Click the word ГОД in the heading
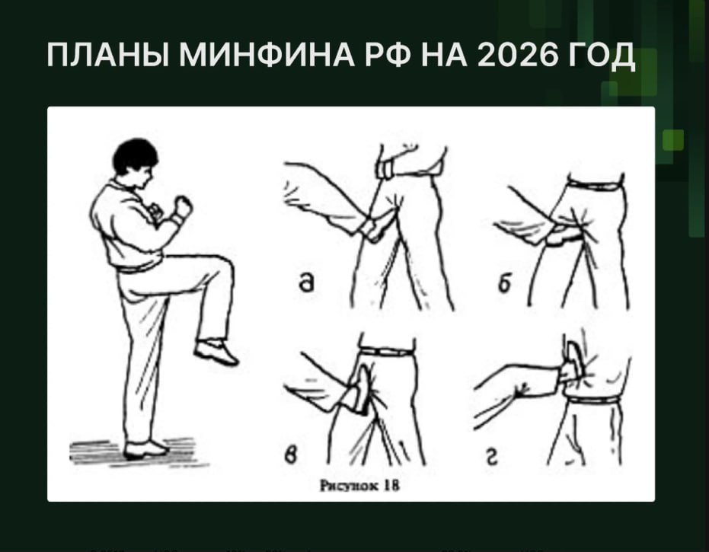click(x=602, y=58)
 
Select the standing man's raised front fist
click(x=183, y=206)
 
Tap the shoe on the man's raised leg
click(x=216, y=352)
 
